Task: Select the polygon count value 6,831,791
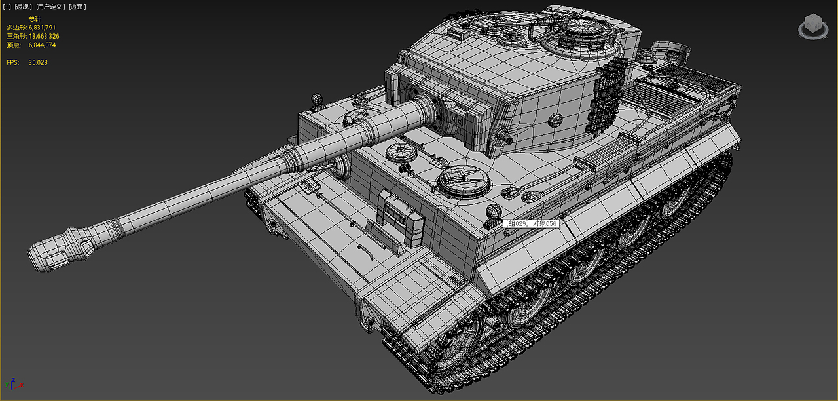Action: tap(42, 28)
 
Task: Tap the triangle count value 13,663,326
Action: tap(44, 36)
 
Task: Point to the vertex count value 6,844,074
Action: tap(43, 45)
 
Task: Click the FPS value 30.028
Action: tap(38, 62)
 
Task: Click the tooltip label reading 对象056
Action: tap(545, 223)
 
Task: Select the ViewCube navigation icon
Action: tap(813, 26)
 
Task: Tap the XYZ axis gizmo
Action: tap(14, 384)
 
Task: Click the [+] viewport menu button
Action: tap(7, 7)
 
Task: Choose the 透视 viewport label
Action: tap(23, 7)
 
